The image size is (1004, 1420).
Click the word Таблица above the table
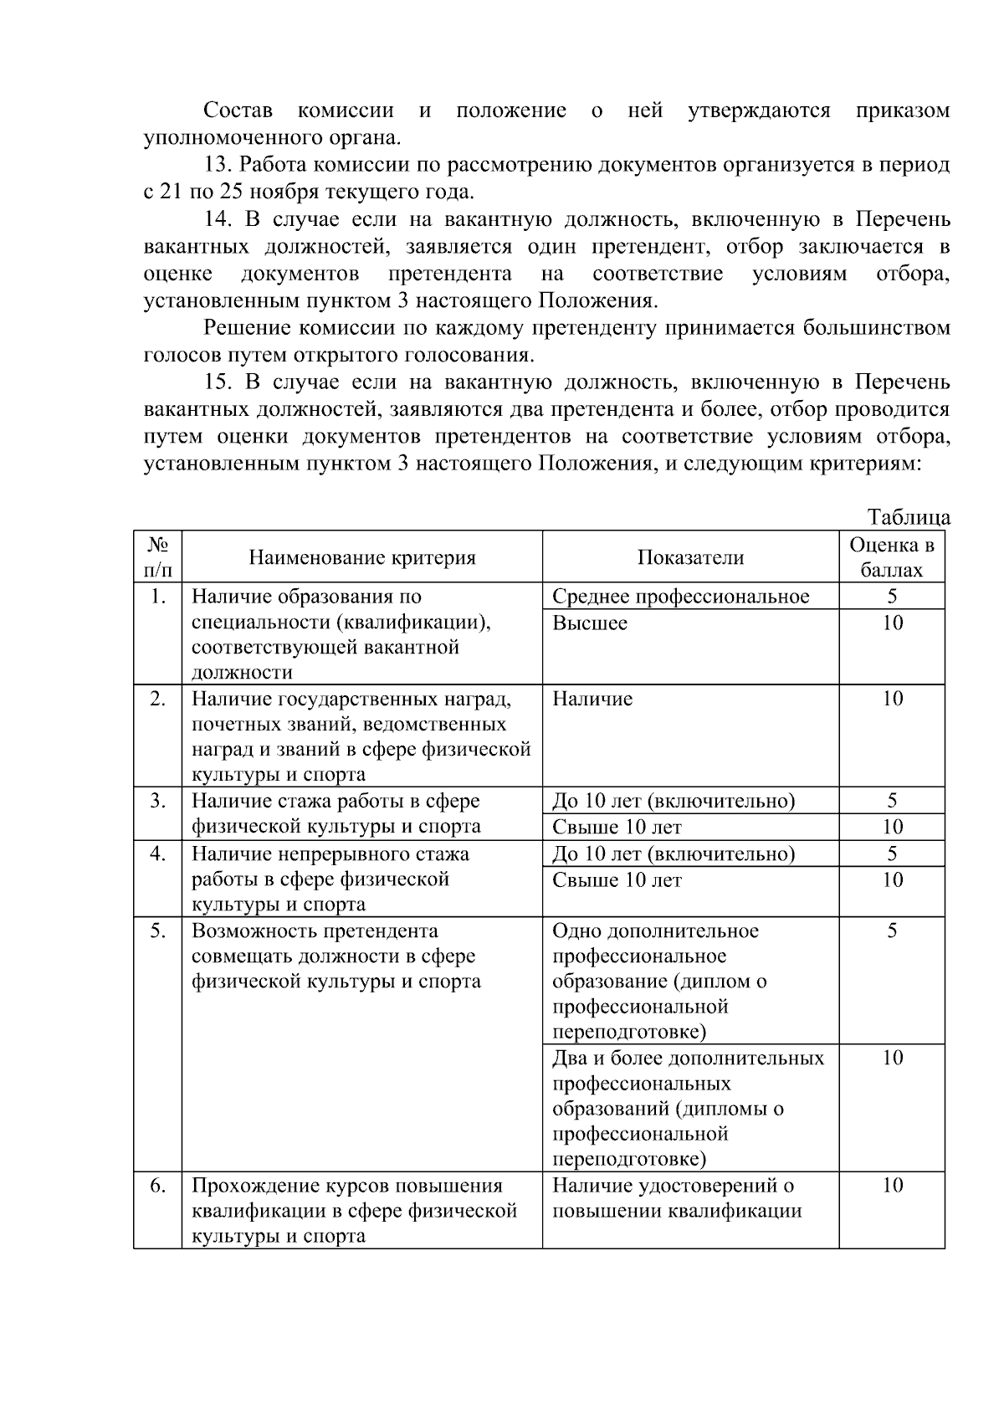[909, 517]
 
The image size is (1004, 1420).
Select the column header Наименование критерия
[361, 558]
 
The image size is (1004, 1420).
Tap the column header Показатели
[690, 558]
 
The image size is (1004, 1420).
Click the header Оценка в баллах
[892, 558]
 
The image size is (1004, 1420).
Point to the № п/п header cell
[157, 558]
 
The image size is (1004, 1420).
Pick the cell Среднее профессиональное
[681, 597]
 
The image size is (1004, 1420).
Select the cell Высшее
[590, 623]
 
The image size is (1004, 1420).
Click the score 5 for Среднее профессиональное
[893, 597]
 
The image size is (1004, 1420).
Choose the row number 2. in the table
[157, 699]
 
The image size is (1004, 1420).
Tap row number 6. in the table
[157, 1186]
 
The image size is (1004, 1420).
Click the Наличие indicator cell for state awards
[592, 699]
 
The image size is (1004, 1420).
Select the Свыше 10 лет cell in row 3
[617, 828]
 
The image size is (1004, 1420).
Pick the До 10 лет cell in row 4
[674, 854]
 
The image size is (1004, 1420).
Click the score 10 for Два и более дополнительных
[893, 1059]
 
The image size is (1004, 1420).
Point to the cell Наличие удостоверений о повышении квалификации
[676, 1198]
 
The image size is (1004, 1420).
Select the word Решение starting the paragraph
[247, 328]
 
